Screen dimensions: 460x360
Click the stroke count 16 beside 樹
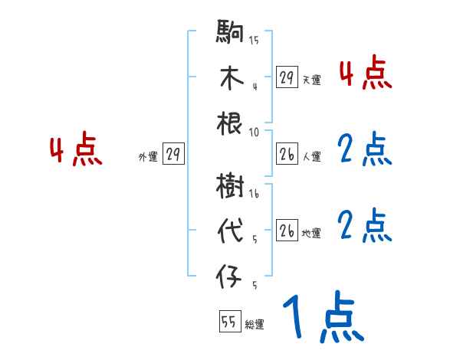tap(254, 195)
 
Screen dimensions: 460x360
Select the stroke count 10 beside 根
tap(254, 131)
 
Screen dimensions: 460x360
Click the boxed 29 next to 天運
tap(286, 77)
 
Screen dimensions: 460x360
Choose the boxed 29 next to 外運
tap(172, 155)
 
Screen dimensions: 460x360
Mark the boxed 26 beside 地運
tap(286, 231)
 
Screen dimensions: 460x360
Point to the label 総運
tap(255, 325)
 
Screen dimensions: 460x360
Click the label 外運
tap(147, 157)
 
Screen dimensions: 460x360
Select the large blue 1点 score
tap(322, 318)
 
